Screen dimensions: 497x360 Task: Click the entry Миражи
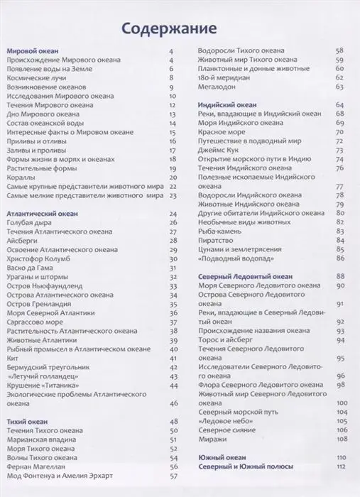point(210,439)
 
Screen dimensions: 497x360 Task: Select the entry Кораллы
point(23,176)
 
